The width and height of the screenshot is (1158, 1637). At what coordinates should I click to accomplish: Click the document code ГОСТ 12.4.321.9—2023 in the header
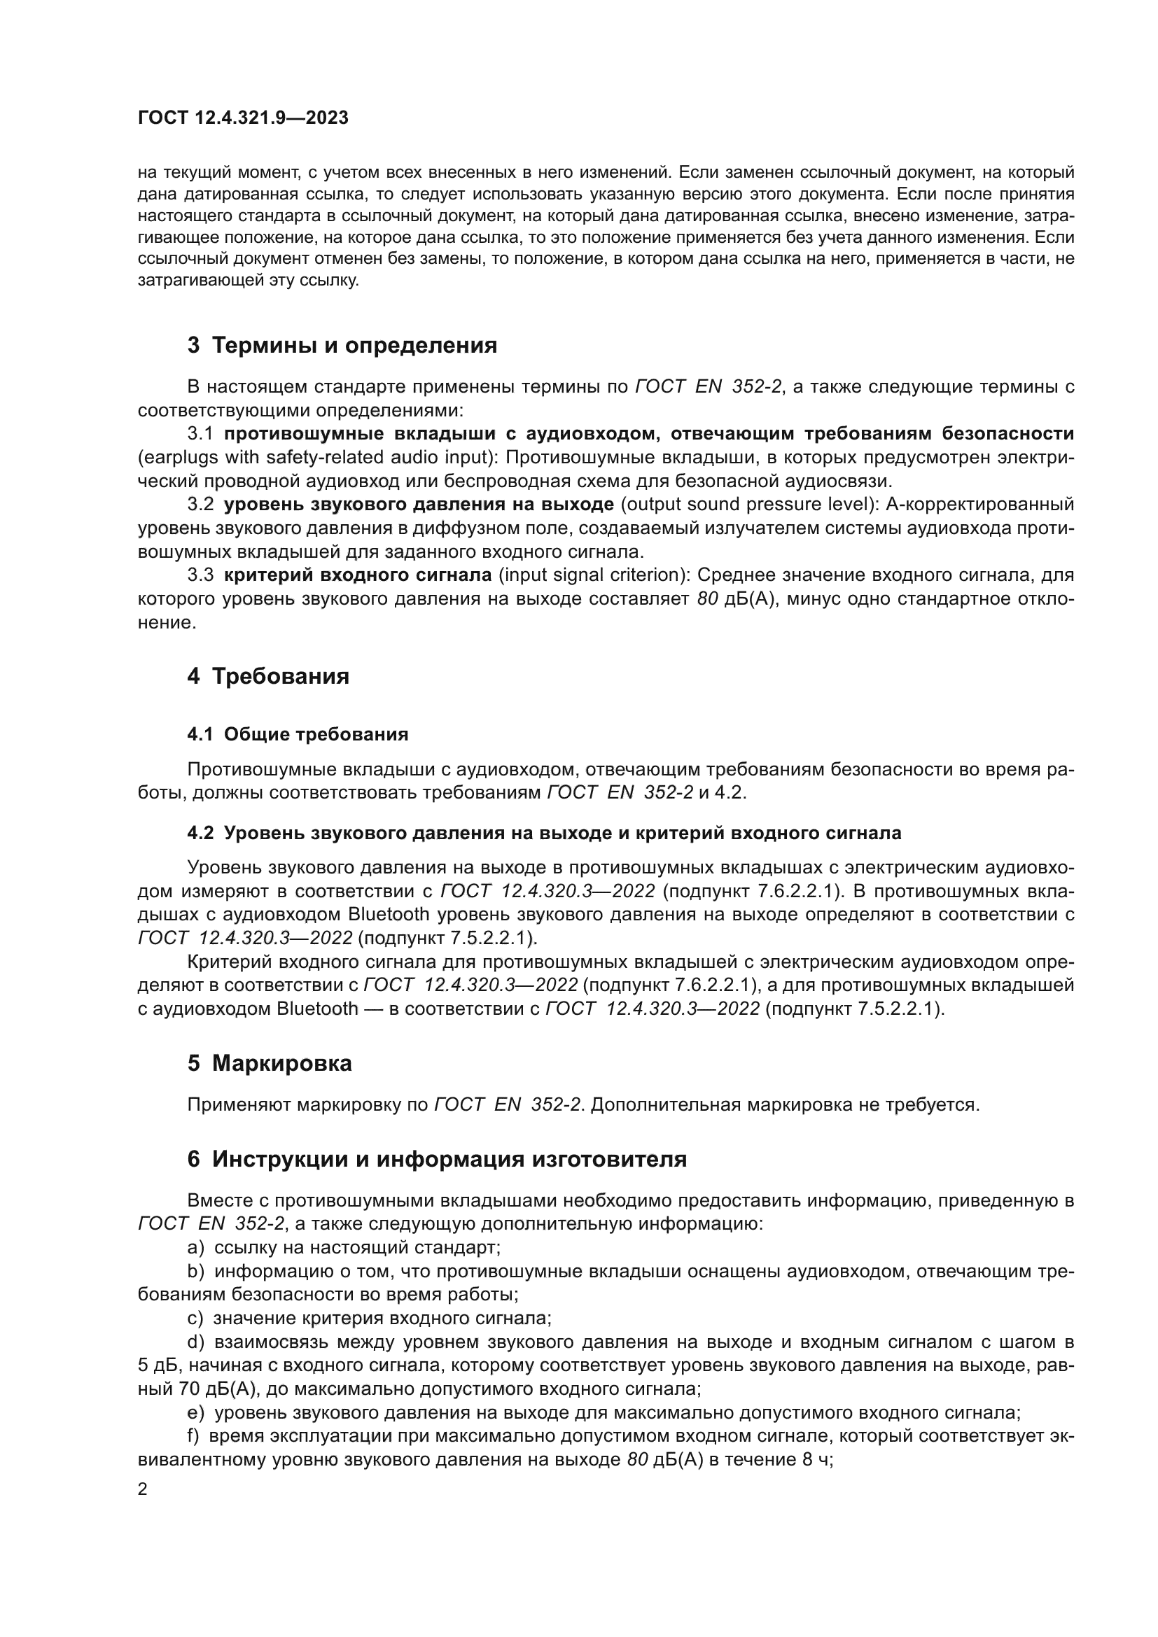tap(242, 118)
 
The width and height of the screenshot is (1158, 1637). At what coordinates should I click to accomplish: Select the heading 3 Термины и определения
tap(342, 346)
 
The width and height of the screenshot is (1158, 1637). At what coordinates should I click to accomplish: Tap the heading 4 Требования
tap(268, 676)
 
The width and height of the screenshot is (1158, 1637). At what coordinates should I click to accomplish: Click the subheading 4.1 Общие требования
tap(298, 734)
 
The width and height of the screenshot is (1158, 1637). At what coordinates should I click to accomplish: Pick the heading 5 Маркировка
tap(270, 1063)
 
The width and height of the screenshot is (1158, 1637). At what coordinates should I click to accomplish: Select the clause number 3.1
tap(200, 433)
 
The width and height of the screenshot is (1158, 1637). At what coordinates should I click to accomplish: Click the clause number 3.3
tap(200, 575)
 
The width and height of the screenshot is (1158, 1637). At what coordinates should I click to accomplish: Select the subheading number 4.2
tap(200, 833)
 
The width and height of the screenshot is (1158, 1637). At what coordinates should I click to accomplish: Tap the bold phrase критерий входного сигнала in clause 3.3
tap(358, 575)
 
